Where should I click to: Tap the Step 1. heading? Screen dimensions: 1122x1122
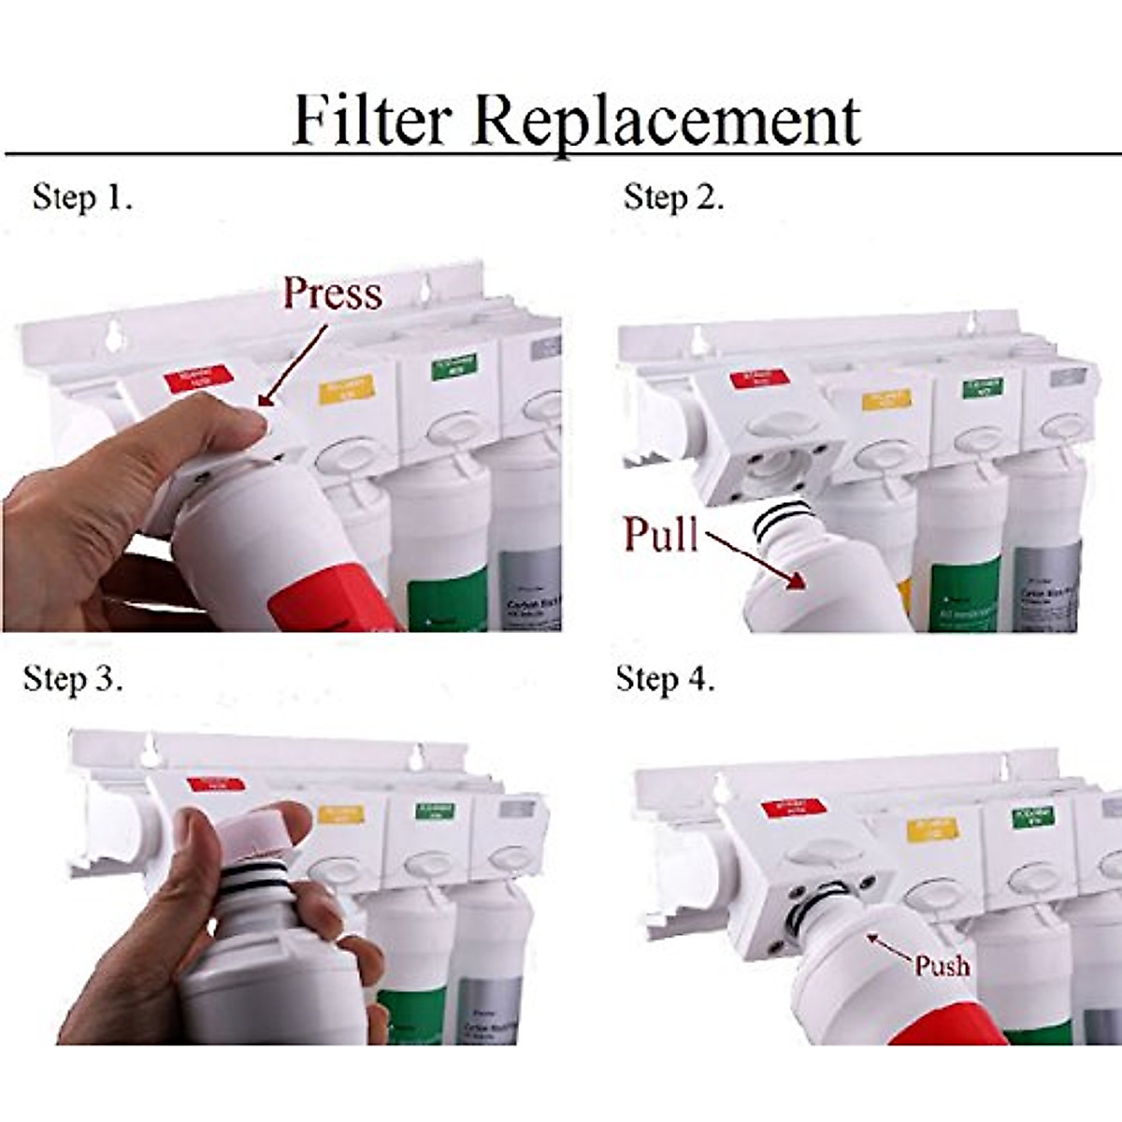tap(82, 197)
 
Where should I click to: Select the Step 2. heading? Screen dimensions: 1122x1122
tap(673, 197)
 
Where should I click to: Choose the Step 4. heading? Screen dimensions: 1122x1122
tap(665, 679)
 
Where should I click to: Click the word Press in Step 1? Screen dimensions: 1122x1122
tap(333, 293)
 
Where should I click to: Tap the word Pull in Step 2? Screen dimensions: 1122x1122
tap(661, 534)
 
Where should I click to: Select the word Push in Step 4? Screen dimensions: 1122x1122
tap(942, 964)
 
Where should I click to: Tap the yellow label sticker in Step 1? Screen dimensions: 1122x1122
tap(346, 388)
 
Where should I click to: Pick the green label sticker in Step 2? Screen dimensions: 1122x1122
tap(982, 386)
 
